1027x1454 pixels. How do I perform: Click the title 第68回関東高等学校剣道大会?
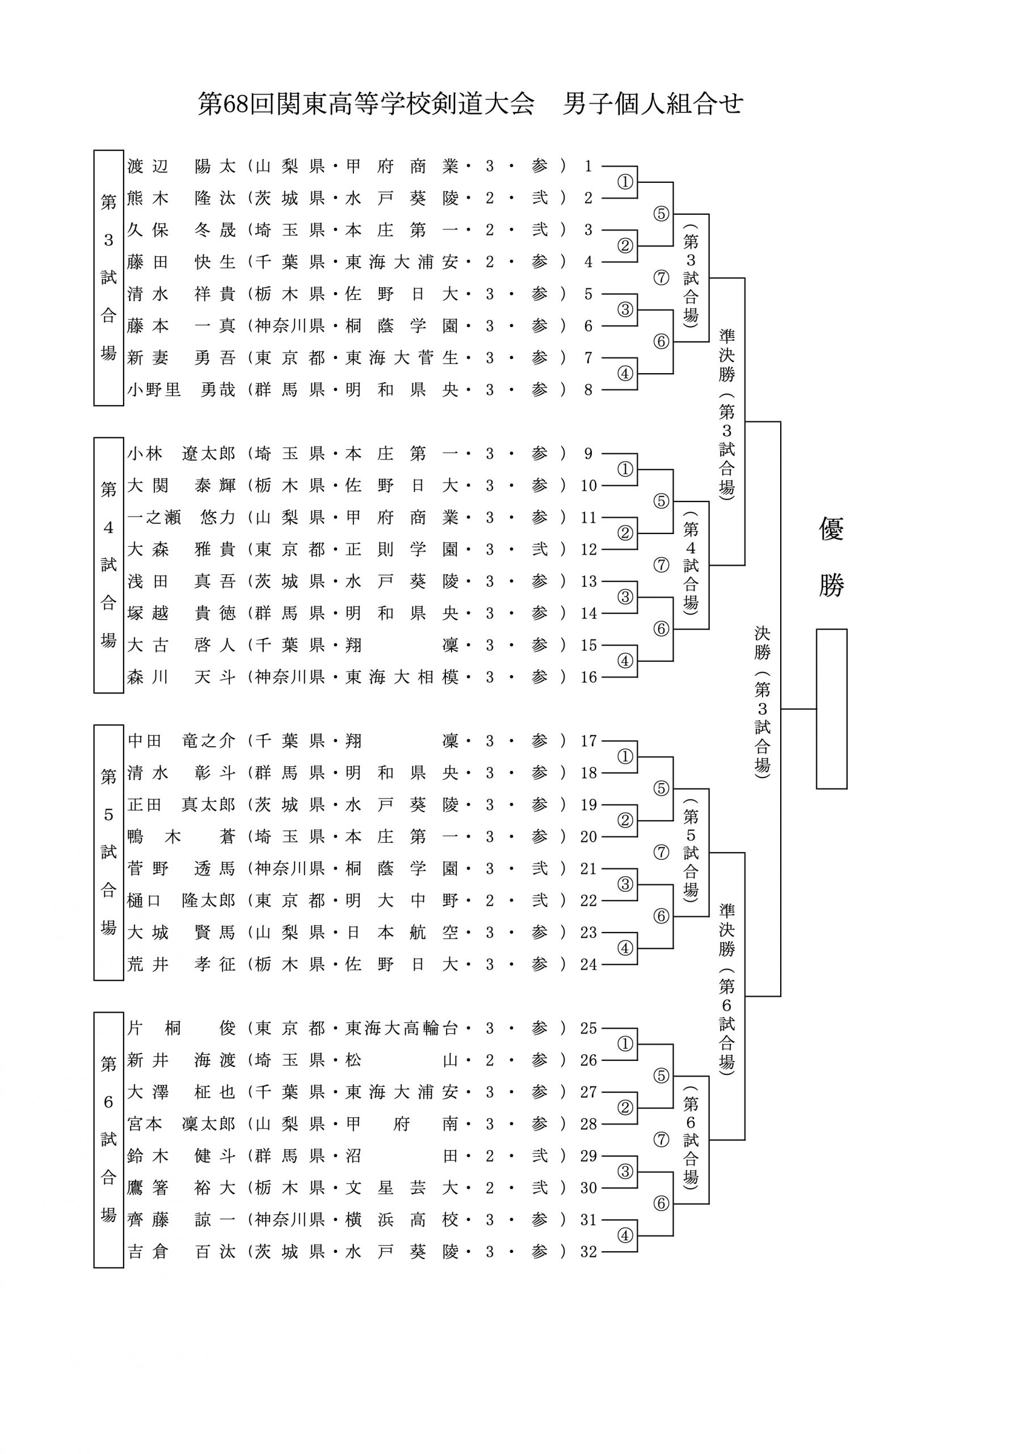(367, 104)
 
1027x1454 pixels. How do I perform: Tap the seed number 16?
(588, 677)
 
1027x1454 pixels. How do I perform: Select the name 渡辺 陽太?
(182, 166)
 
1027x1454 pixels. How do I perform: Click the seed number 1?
(588, 166)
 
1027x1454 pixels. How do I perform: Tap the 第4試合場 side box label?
(109, 565)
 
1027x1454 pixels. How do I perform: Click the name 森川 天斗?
(182, 677)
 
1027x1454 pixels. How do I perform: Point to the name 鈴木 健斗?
(182, 1156)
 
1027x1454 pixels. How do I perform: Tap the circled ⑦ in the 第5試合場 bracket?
(661, 853)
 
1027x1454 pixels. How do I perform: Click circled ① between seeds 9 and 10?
(625, 469)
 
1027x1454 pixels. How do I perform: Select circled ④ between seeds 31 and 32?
(625, 1235)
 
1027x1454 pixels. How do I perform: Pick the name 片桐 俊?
(182, 1028)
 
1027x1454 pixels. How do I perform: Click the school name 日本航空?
(402, 932)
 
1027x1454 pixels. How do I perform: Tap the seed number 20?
(588, 837)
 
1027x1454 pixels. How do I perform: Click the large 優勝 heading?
(831, 557)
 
